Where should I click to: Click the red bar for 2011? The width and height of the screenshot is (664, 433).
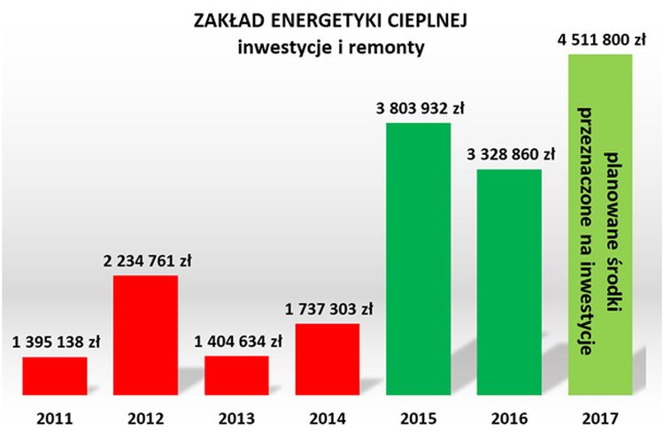pyautogui.click(x=54, y=375)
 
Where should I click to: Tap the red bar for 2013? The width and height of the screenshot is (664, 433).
pyautogui.click(x=236, y=375)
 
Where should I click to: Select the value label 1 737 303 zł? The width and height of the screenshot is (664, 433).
pyautogui.click(x=328, y=309)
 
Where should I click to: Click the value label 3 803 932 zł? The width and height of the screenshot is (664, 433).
pyautogui.click(x=421, y=109)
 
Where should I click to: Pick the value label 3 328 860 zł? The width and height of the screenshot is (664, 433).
pyautogui.click(x=511, y=154)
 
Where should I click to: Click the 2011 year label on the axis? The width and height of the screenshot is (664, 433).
pyautogui.click(x=54, y=416)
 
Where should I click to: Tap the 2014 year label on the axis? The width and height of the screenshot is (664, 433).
pyautogui.click(x=327, y=416)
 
